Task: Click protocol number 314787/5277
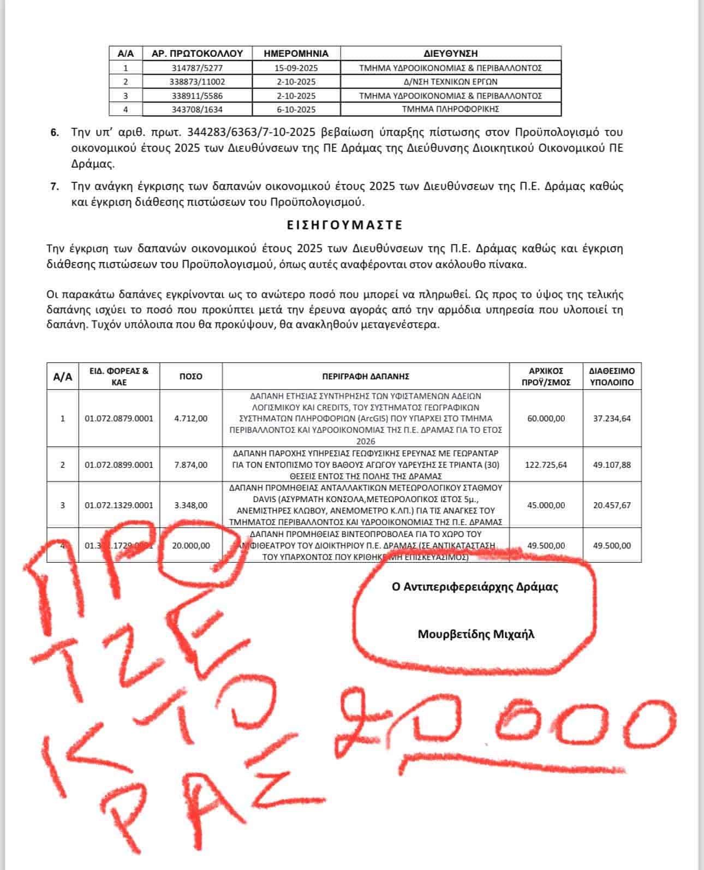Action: (197, 68)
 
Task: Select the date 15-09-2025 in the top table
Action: (296, 68)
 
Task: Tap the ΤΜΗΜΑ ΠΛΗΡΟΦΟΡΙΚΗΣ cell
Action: (450, 109)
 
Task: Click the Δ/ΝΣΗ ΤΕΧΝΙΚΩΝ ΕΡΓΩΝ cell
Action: (450, 82)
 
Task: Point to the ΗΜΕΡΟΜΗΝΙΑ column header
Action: (296, 53)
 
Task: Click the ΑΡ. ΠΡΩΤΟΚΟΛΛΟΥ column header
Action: (197, 53)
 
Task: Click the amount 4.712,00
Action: (190, 419)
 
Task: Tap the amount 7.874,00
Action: (190, 465)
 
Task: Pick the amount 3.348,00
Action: (190, 505)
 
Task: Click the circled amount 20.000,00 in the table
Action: (190, 545)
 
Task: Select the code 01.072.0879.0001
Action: (119, 419)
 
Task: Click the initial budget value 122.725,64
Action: (546, 465)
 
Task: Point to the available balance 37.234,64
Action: (612, 419)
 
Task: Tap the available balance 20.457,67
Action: (612, 505)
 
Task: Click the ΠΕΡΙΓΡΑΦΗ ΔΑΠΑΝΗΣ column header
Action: (366, 376)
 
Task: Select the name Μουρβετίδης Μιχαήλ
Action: (476, 634)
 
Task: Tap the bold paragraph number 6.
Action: (55, 133)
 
